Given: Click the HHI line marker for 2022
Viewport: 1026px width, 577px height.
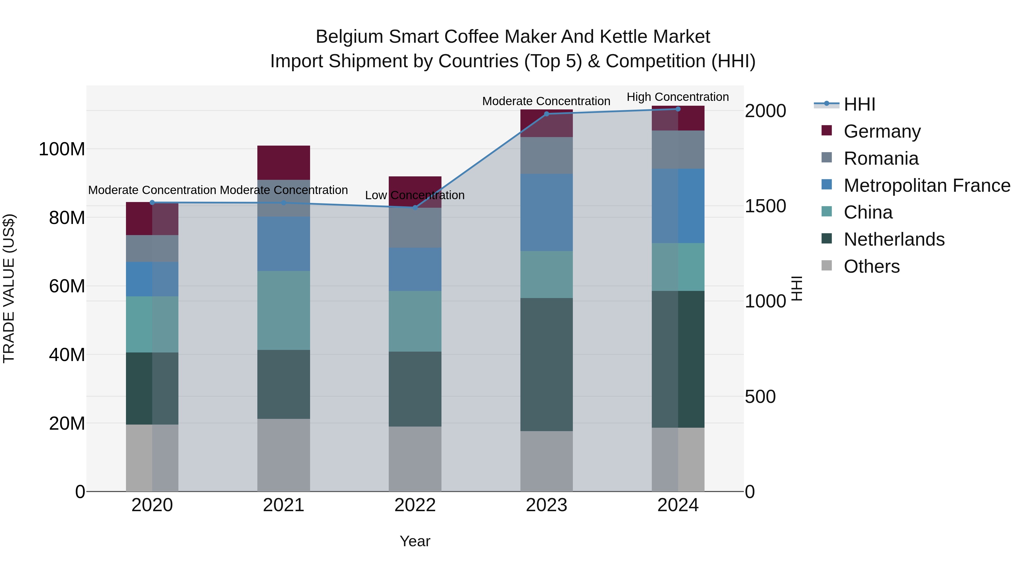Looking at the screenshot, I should coord(415,207).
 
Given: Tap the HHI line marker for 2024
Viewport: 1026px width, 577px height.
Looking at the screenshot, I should coord(678,109).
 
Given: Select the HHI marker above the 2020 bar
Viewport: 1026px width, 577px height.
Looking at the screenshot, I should coord(152,203).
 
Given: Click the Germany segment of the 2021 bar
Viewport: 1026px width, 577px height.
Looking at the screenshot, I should coord(284,162).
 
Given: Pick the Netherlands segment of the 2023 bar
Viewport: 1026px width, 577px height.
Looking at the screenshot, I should coord(546,364).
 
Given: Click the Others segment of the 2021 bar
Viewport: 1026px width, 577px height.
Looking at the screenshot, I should coord(284,455).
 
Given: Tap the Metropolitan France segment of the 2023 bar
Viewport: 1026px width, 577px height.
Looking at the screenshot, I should coord(546,212).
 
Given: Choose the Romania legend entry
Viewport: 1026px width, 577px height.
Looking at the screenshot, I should coord(881,158).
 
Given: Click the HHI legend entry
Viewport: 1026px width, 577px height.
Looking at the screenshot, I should coord(859,104).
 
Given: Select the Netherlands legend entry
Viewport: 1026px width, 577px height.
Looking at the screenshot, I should coord(894,239).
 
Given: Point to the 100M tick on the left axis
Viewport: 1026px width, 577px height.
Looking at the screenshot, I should coord(62,149).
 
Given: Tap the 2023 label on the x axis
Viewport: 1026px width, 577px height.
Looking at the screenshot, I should coord(546,505).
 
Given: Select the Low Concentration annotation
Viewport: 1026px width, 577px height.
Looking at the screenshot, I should coord(415,195).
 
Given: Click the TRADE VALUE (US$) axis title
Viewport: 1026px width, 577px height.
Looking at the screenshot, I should coord(9,288).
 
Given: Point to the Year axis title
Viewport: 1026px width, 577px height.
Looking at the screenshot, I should coord(415,541).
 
